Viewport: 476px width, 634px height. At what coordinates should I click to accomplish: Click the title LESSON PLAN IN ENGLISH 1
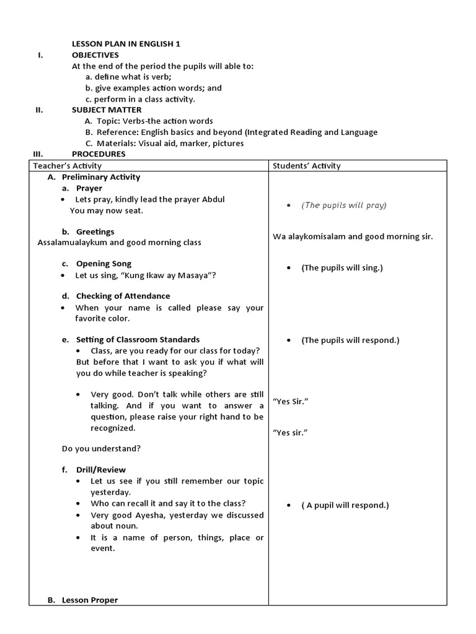(x=126, y=43)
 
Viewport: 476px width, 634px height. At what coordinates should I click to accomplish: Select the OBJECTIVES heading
(x=95, y=54)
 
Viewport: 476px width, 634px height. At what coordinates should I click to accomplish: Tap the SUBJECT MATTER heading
(x=107, y=110)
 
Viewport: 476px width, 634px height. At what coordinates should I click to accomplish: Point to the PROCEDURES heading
(x=99, y=154)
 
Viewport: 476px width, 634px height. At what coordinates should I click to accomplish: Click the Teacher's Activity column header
(x=68, y=165)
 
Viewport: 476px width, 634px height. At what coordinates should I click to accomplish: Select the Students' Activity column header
(x=306, y=165)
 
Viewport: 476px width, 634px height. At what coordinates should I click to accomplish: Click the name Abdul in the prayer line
(x=214, y=199)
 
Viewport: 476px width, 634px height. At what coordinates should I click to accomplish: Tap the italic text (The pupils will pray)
(x=343, y=205)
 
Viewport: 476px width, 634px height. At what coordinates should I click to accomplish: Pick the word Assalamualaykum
(x=73, y=242)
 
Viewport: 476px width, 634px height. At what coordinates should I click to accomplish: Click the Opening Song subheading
(x=104, y=264)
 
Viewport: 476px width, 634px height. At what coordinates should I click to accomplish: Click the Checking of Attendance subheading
(x=123, y=296)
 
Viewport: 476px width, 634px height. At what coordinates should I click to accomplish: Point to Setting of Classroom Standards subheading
(x=138, y=339)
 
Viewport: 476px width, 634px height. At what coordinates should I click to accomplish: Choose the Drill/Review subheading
(x=100, y=469)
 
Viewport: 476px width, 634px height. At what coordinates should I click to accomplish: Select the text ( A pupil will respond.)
(x=345, y=505)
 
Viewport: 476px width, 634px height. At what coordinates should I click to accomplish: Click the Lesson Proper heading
(x=89, y=600)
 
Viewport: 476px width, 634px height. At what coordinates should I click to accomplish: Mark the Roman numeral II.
(x=39, y=110)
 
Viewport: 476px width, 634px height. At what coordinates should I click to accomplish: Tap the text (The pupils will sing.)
(x=342, y=267)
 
